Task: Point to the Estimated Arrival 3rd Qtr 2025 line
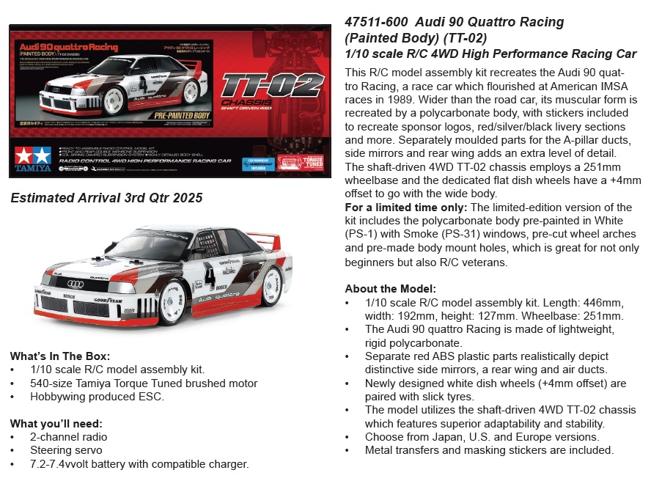[x=106, y=198]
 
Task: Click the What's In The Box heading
[x=60, y=356]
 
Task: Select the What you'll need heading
[x=56, y=423]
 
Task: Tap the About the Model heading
[x=390, y=288]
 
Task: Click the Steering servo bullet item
[x=66, y=450]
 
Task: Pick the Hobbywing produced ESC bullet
[x=98, y=397]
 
